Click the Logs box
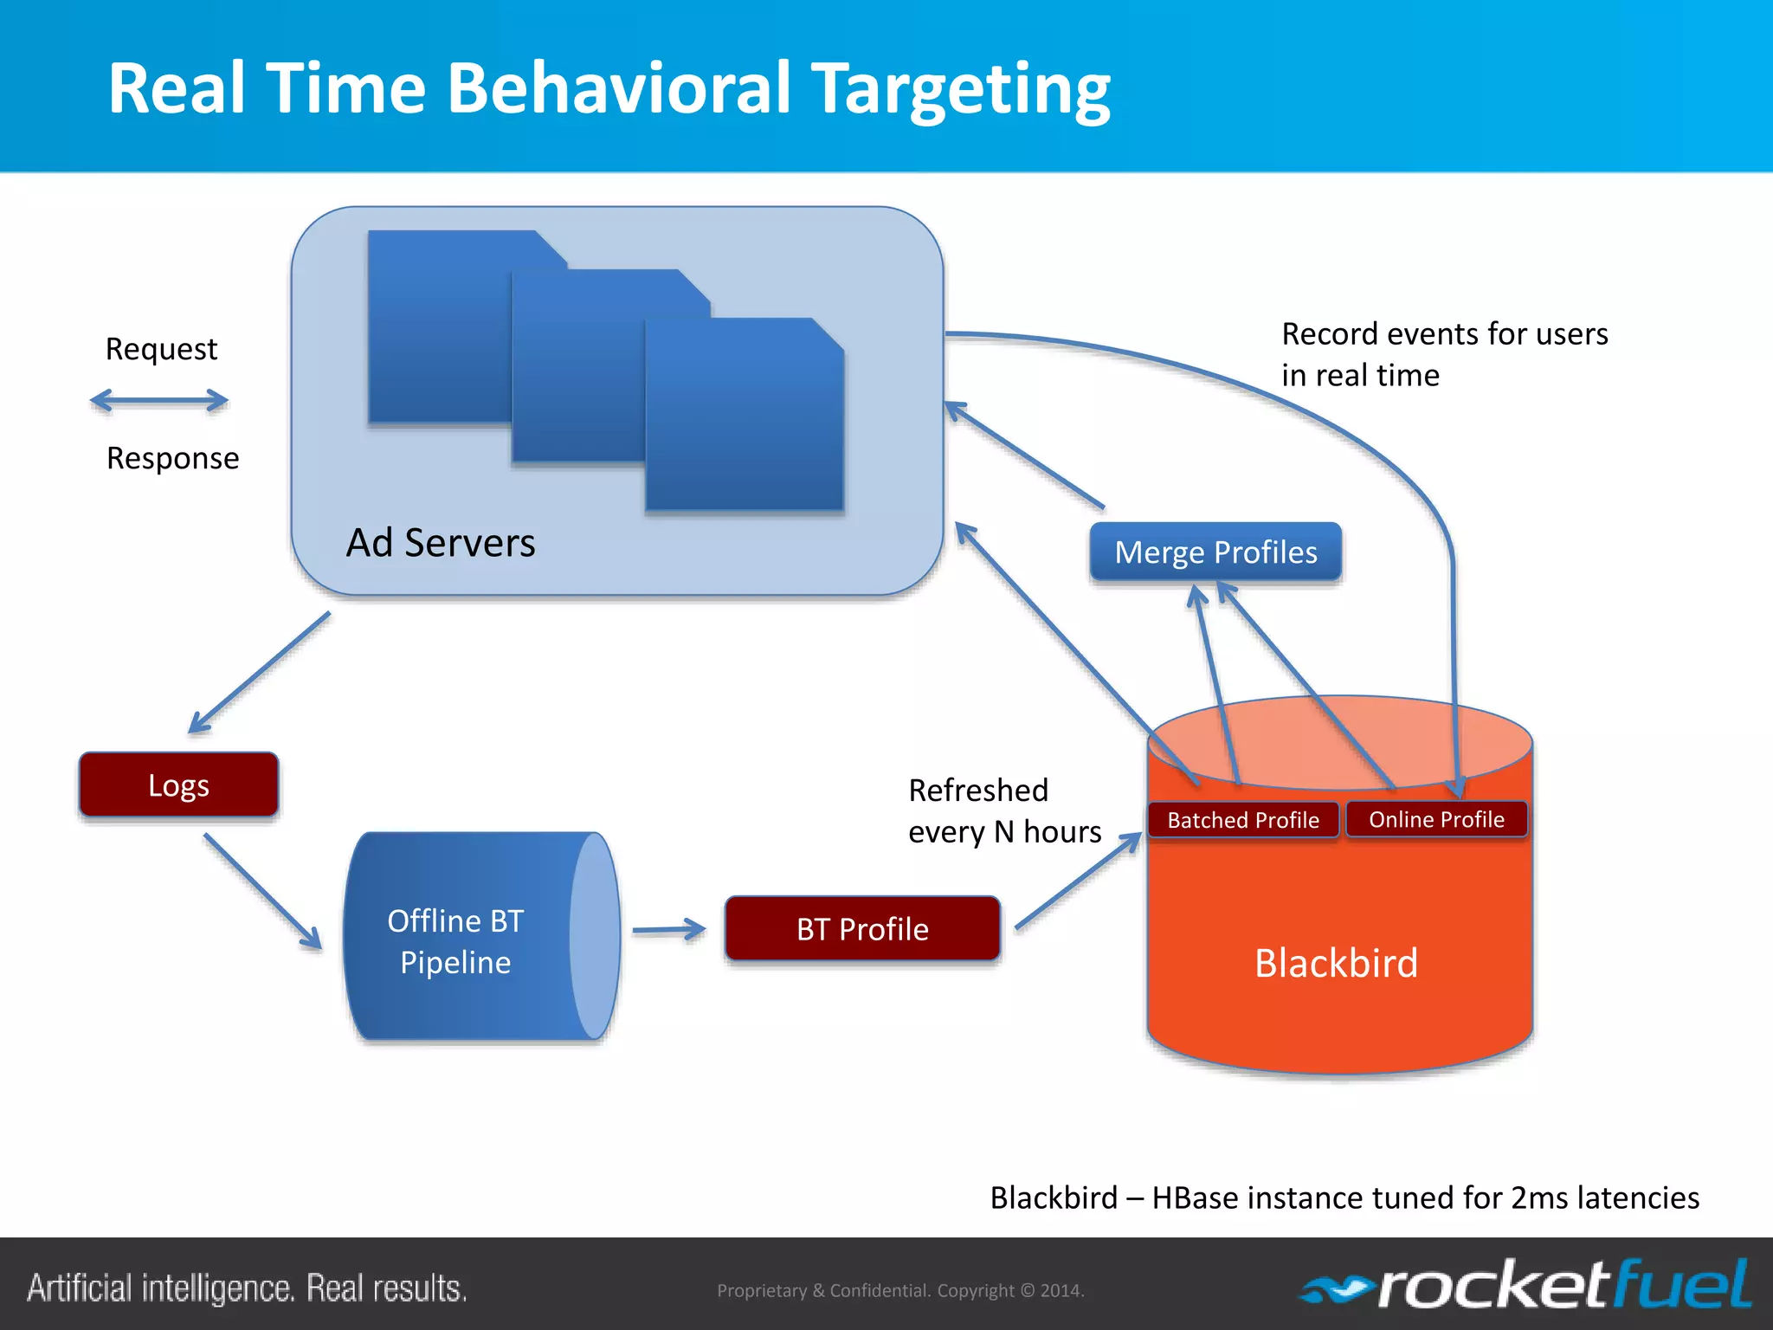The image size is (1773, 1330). [x=178, y=784]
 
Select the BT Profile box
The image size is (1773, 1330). [x=862, y=928]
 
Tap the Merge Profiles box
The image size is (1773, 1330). [x=1215, y=552]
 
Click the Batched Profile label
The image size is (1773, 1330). [x=1243, y=819]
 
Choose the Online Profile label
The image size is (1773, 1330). [x=1436, y=819]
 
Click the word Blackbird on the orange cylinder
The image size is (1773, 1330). [x=1336, y=963]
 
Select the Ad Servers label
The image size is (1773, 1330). [x=441, y=543]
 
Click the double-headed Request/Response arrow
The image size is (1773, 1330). [x=159, y=400]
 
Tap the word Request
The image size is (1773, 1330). [x=161, y=349]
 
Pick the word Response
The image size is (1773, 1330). [x=172, y=458]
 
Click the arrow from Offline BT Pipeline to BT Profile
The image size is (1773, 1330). [x=668, y=930]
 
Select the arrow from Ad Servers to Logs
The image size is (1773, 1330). [x=260, y=672]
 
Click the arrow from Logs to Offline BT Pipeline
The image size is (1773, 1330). [x=262, y=891]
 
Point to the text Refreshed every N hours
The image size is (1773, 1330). [x=1004, y=810]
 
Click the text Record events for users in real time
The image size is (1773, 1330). [x=1444, y=354]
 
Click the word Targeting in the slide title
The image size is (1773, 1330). [x=963, y=89]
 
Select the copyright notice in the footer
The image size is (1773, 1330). [x=900, y=1290]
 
